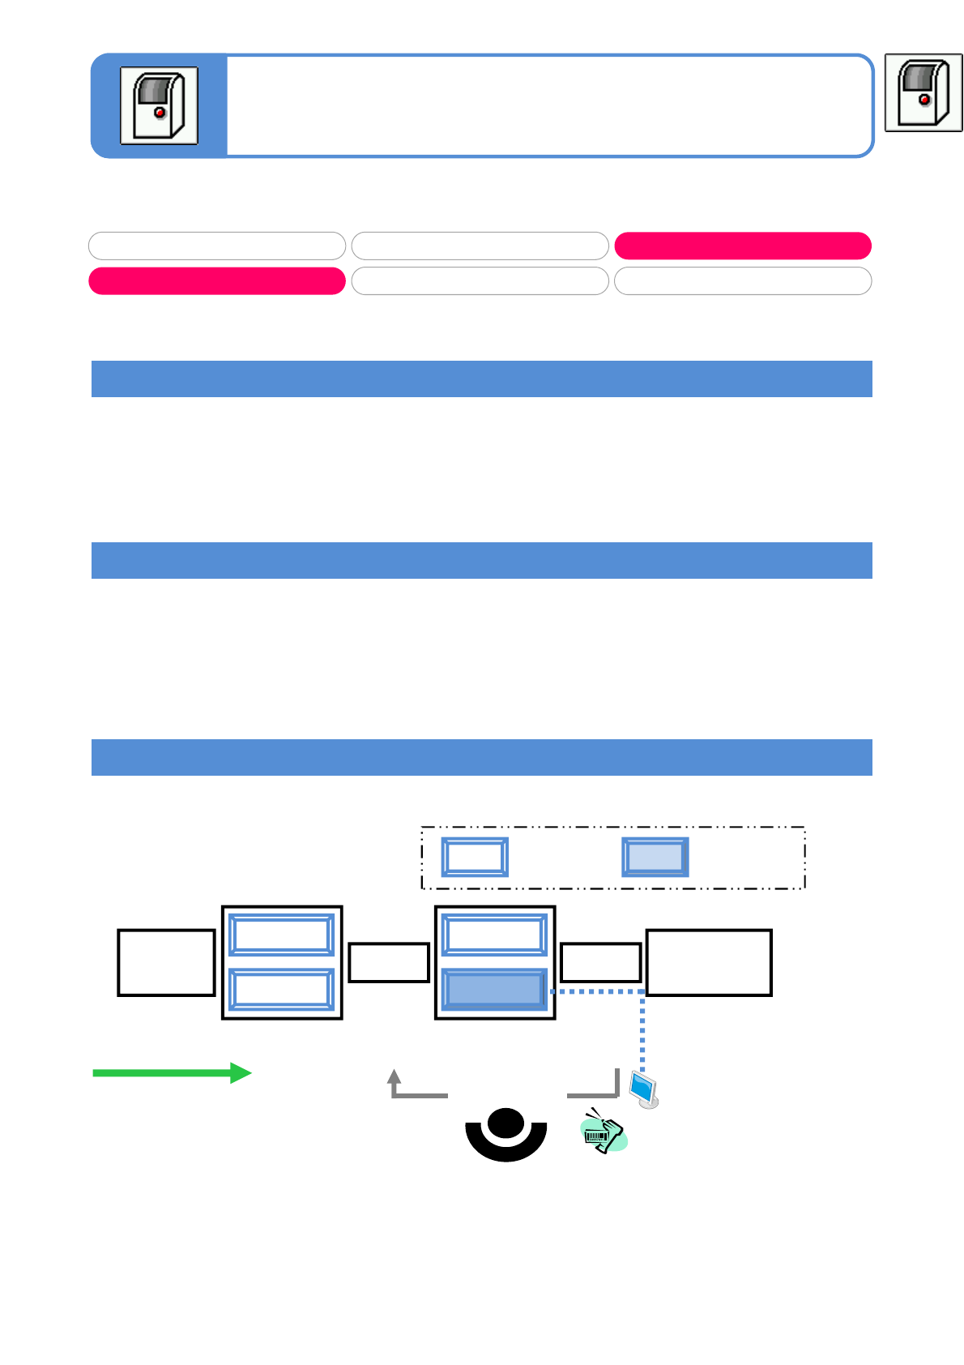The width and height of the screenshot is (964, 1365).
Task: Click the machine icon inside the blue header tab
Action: [x=159, y=105]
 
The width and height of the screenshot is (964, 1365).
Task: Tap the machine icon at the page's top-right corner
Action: [x=923, y=92]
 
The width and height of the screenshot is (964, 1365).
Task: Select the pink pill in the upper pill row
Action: [x=743, y=246]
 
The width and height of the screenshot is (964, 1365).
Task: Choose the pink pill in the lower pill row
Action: [x=217, y=280]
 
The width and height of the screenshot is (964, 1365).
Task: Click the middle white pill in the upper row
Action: [x=480, y=246]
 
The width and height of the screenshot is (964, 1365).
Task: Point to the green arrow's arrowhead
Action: [x=241, y=1073]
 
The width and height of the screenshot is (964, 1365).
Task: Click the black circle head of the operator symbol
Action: [x=506, y=1123]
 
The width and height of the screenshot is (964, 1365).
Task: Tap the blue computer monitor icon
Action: [x=644, y=1089]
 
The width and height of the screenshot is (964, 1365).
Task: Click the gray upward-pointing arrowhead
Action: [x=395, y=1076]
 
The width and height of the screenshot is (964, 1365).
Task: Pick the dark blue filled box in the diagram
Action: [x=494, y=990]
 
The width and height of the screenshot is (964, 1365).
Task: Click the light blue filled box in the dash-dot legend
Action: [x=655, y=857]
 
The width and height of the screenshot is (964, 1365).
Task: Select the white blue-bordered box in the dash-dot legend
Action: [x=475, y=857]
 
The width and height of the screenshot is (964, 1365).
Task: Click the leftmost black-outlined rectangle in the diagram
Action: [x=166, y=962]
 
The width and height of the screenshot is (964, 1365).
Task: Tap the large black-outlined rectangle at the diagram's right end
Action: [x=709, y=962]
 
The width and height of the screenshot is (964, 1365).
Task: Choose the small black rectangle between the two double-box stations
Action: [x=389, y=962]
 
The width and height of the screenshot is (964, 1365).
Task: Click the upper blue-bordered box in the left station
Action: [x=281, y=935]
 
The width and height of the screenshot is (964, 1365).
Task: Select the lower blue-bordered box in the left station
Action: [x=281, y=989]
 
